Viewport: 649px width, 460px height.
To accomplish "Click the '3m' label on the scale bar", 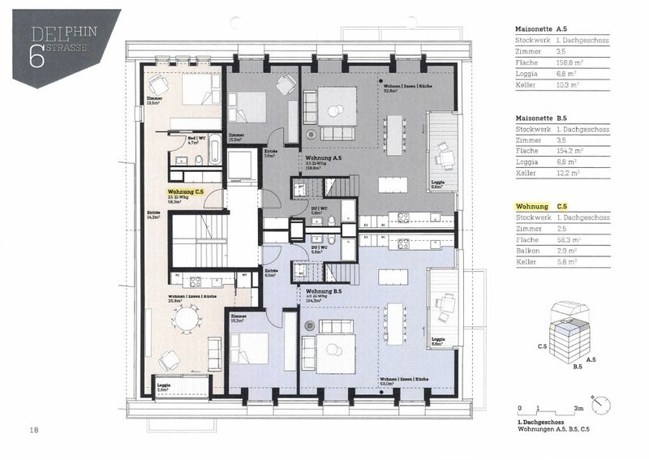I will click(578, 410).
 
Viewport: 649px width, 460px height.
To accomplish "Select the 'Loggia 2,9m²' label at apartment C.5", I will click(164, 387).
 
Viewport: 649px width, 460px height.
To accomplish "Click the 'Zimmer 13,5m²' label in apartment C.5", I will click(153, 101).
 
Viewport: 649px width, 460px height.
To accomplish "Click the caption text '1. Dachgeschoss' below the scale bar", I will click(539, 423).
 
